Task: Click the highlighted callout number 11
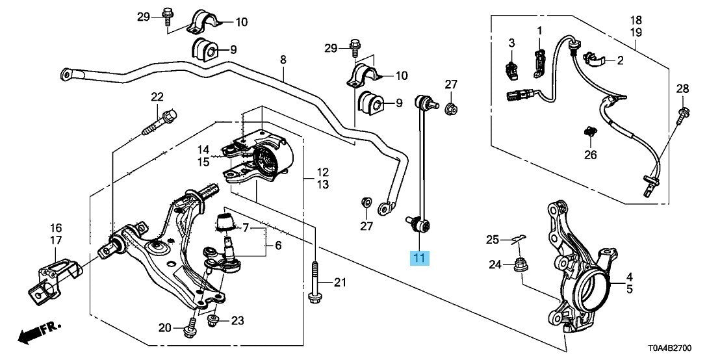coord(420,258)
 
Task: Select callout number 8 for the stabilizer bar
coord(283,60)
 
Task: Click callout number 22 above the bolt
coord(157,97)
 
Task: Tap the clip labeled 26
coord(590,135)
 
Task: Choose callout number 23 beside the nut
coord(238,320)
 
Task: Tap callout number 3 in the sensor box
coord(511,43)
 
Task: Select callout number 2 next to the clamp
coord(620,61)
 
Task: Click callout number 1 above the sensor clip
coord(539,30)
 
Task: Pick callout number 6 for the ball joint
coord(278,246)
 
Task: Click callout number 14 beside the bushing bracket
coord(203,149)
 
